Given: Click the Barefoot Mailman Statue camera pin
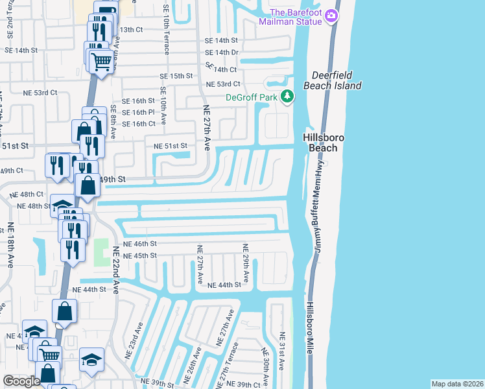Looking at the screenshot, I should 331,16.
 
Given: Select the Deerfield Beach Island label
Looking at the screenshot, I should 336,80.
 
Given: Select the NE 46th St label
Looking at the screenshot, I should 144,244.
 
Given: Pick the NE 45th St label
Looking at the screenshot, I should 144,255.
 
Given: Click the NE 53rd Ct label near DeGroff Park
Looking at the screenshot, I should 223,84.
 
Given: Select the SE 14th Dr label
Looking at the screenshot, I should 222,52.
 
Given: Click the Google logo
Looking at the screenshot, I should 21,381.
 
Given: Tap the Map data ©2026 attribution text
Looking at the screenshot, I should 457,384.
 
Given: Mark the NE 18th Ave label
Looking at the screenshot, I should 10,246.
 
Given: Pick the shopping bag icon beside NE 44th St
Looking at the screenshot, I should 65,311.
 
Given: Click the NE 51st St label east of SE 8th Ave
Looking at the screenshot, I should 170,146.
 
